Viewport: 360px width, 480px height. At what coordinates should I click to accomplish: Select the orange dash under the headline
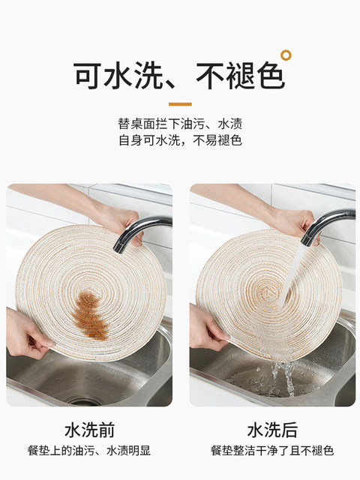(x=180, y=104)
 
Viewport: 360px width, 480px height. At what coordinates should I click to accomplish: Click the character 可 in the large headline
(x=87, y=75)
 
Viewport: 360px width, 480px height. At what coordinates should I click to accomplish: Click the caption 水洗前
(x=90, y=430)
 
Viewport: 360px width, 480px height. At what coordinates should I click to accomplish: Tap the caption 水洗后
(x=272, y=430)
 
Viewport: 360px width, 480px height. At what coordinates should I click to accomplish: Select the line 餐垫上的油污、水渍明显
(x=89, y=451)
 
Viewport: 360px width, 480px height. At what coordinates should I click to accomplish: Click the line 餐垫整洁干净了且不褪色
(x=272, y=451)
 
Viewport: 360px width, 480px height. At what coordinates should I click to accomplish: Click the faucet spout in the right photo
(x=324, y=224)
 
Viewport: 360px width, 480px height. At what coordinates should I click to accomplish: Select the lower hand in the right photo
(x=207, y=328)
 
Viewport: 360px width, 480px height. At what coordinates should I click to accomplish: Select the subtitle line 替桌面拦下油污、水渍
(x=180, y=124)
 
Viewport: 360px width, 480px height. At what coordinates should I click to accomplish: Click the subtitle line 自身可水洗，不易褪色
(x=180, y=140)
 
